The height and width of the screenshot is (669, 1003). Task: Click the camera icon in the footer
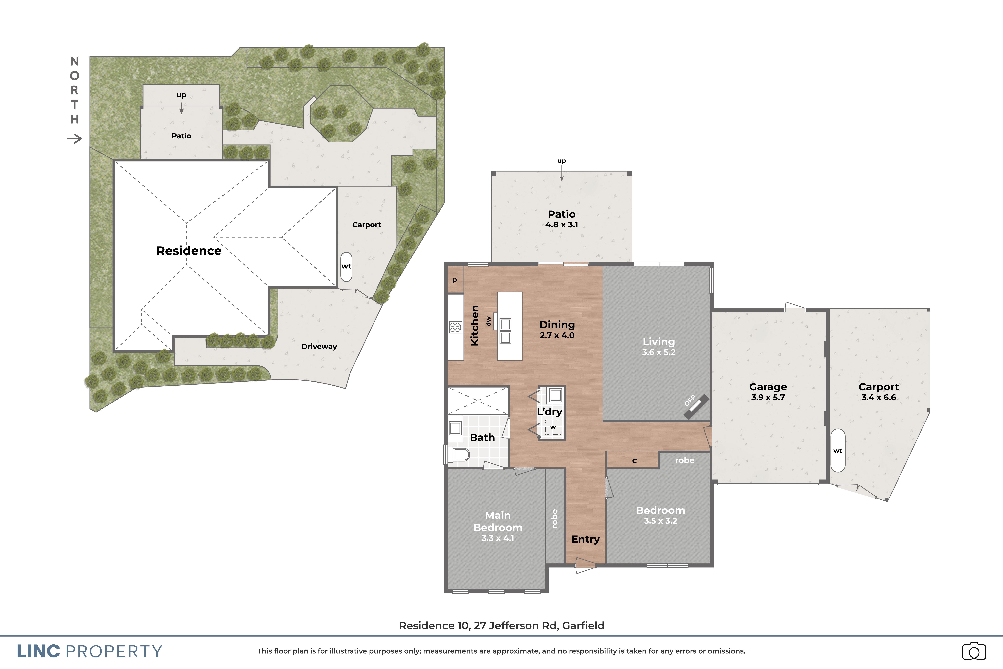pos(974,651)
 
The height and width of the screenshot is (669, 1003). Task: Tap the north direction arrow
pos(75,139)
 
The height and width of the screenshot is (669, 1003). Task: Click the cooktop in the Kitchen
pos(455,327)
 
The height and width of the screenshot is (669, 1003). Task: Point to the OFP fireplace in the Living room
pos(696,407)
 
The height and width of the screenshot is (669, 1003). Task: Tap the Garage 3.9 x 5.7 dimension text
pos(768,397)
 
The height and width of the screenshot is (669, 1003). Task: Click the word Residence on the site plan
pos(189,251)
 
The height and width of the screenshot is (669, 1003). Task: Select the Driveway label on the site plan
pos(319,346)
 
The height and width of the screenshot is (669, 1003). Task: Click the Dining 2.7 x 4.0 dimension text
pos(557,335)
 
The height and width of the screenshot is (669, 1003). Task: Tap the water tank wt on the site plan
pos(346,266)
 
